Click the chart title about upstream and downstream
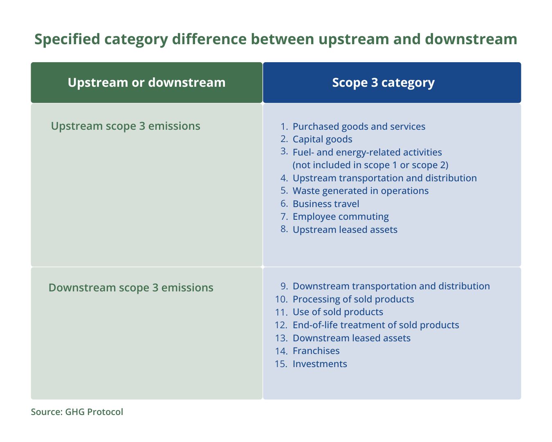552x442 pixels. (x=276, y=39)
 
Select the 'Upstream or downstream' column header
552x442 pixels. (x=146, y=83)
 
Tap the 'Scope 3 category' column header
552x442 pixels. (x=383, y=83)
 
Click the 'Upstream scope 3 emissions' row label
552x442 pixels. (x=126, y=126)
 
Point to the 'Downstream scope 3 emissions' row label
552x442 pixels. (x=131, y=288)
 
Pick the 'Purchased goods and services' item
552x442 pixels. (x=359, y=126)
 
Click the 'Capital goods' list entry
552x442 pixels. (x=323, y=139)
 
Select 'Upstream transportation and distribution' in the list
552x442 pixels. (x=385, y=178)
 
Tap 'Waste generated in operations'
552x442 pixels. (x=361, y=191)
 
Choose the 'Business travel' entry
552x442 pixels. (x=326, y=204)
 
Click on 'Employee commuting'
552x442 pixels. (x=341, y=217)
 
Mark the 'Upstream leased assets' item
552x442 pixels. (x=345, y=230)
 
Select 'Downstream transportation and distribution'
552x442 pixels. (x=391, y=286)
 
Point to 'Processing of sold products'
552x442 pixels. (x=353, y=299)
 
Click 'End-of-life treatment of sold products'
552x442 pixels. (x=376, y=325)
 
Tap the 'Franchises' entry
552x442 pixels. (x=316, y=351)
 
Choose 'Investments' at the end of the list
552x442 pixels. (x=320, y=364)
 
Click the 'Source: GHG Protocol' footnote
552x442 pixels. (x=77, y=412)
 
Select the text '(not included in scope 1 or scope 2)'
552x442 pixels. (x=370, y=165)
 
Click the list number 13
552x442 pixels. (x=281, y=338)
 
